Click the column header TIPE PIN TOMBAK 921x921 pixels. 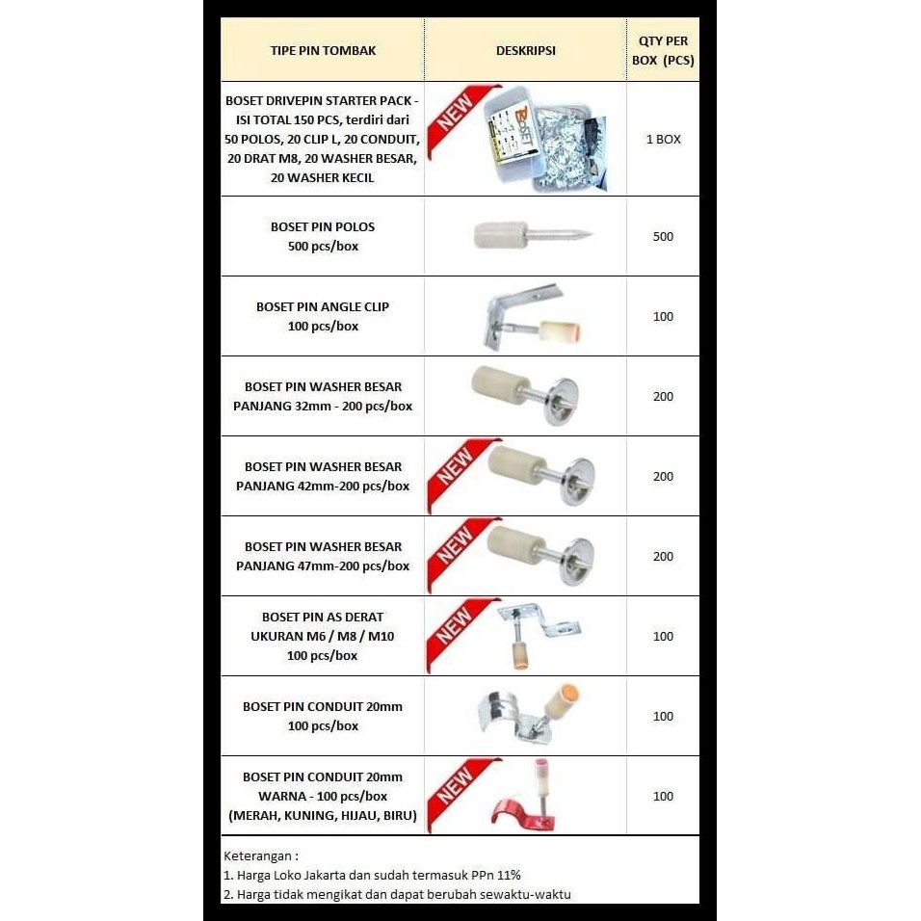point(323,50)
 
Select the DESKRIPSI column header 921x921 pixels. point(525,50)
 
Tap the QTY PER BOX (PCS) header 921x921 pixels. point(663,50)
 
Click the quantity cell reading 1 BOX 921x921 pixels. point(663,139)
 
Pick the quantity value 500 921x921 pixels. point(663,236)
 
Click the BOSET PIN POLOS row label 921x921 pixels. point(323,236)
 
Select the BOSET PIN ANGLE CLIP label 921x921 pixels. point(323,316)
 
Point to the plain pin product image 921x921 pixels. point(532,234)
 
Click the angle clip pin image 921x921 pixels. point(527,316)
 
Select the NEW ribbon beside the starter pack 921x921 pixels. point(452,123)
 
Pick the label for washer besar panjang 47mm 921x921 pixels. point(323,556)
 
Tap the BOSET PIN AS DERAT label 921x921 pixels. point(323,636)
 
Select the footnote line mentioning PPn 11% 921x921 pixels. point(372,875)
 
